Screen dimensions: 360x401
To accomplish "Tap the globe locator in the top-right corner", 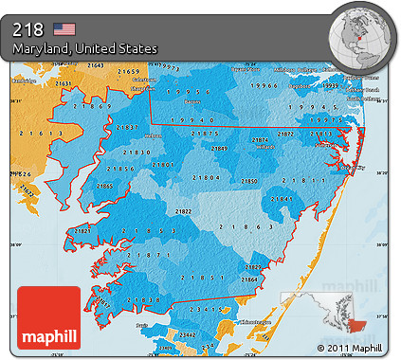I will tap(361, 36).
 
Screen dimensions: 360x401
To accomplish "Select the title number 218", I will tap(28, 28).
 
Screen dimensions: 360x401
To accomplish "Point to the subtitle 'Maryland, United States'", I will tap(85, 48).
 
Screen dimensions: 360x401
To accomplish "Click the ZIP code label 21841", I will tap(281, 199).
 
